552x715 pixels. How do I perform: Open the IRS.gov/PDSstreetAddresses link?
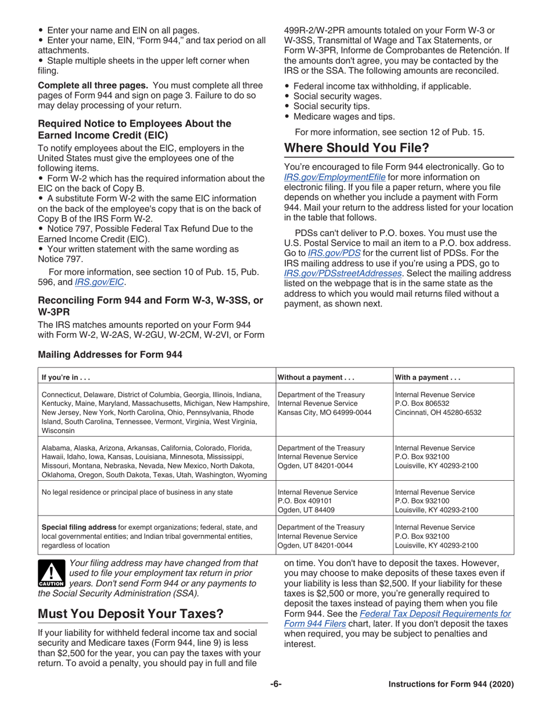pyautogui.click(x=343, y=273)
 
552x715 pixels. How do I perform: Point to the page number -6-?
pyautogui.click(x=275, y=684)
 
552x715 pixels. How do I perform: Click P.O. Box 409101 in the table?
pyautogui.click(x=308, y=502)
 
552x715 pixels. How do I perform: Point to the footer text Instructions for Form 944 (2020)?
pyautogui.click(x=451, y=684)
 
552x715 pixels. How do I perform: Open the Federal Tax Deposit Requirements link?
pyautogui.click(x=435, y=613)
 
